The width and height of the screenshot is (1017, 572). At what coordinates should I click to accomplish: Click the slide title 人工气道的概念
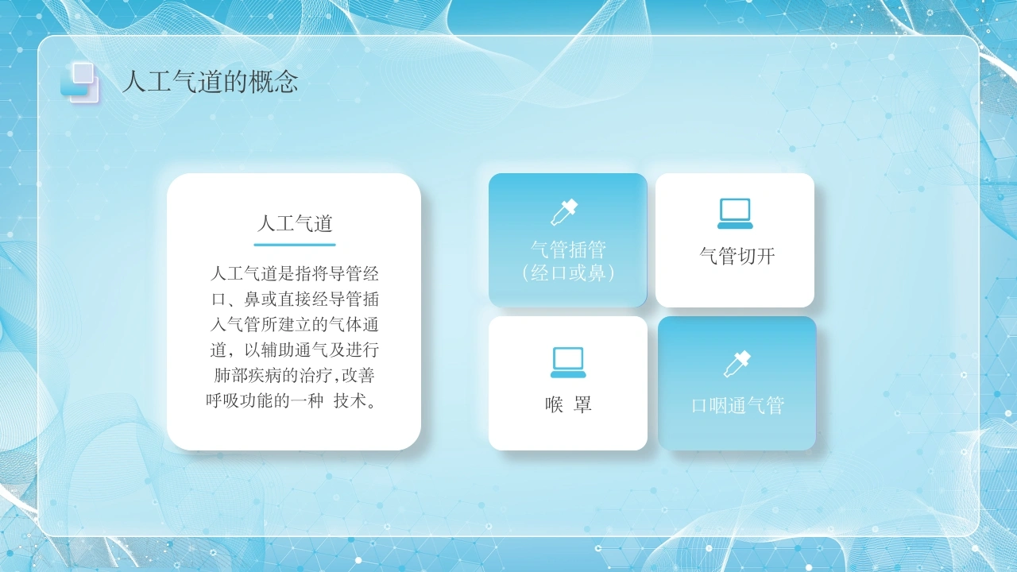pyautogui.click(x=211, y=82)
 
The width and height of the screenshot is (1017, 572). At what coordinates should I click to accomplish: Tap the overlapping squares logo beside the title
pyautogui.click(x=79, y=83)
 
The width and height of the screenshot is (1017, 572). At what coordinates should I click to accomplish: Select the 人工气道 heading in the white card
pyautogui.click(x=295, y=224)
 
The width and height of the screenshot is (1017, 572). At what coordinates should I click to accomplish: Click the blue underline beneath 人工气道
pyautogui.click(x=295, y=245)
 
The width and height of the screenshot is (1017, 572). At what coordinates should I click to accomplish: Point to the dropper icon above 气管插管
pyautogui.click(x=564, y=212)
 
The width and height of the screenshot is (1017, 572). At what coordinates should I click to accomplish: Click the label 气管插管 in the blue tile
pyautogui.click(x=568, y=249)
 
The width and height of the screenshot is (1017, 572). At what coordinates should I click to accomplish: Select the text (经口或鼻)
pyautogui.click(x=568, y=273)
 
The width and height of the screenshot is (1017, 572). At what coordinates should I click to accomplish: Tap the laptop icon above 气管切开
pyautogui.click(x=735, y=214)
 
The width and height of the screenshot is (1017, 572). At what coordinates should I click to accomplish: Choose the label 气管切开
pyautogui.click(x=737, y=256)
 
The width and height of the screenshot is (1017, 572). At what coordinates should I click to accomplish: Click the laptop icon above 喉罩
pyautogui.click(x=568, y=362)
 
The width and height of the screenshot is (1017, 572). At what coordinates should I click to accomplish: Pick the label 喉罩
pyautogui.click(x=568, y=404)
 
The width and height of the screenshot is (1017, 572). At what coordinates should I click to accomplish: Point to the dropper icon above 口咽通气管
pyautogui.click(x=737, y=364)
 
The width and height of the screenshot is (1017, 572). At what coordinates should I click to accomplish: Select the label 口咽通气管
pyautogui.click(x=737, y=405)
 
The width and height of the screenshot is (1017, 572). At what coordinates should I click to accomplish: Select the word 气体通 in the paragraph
pyautogui.click(x=354, y=325)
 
